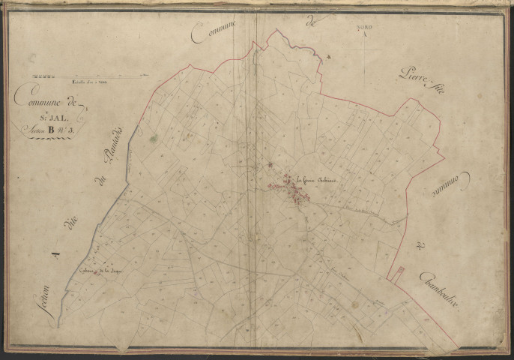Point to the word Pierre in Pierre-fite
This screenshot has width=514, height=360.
click(409, 77)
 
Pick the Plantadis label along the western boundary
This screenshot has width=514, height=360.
click(115, 147)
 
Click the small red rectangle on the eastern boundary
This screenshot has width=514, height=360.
click(400, 274)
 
